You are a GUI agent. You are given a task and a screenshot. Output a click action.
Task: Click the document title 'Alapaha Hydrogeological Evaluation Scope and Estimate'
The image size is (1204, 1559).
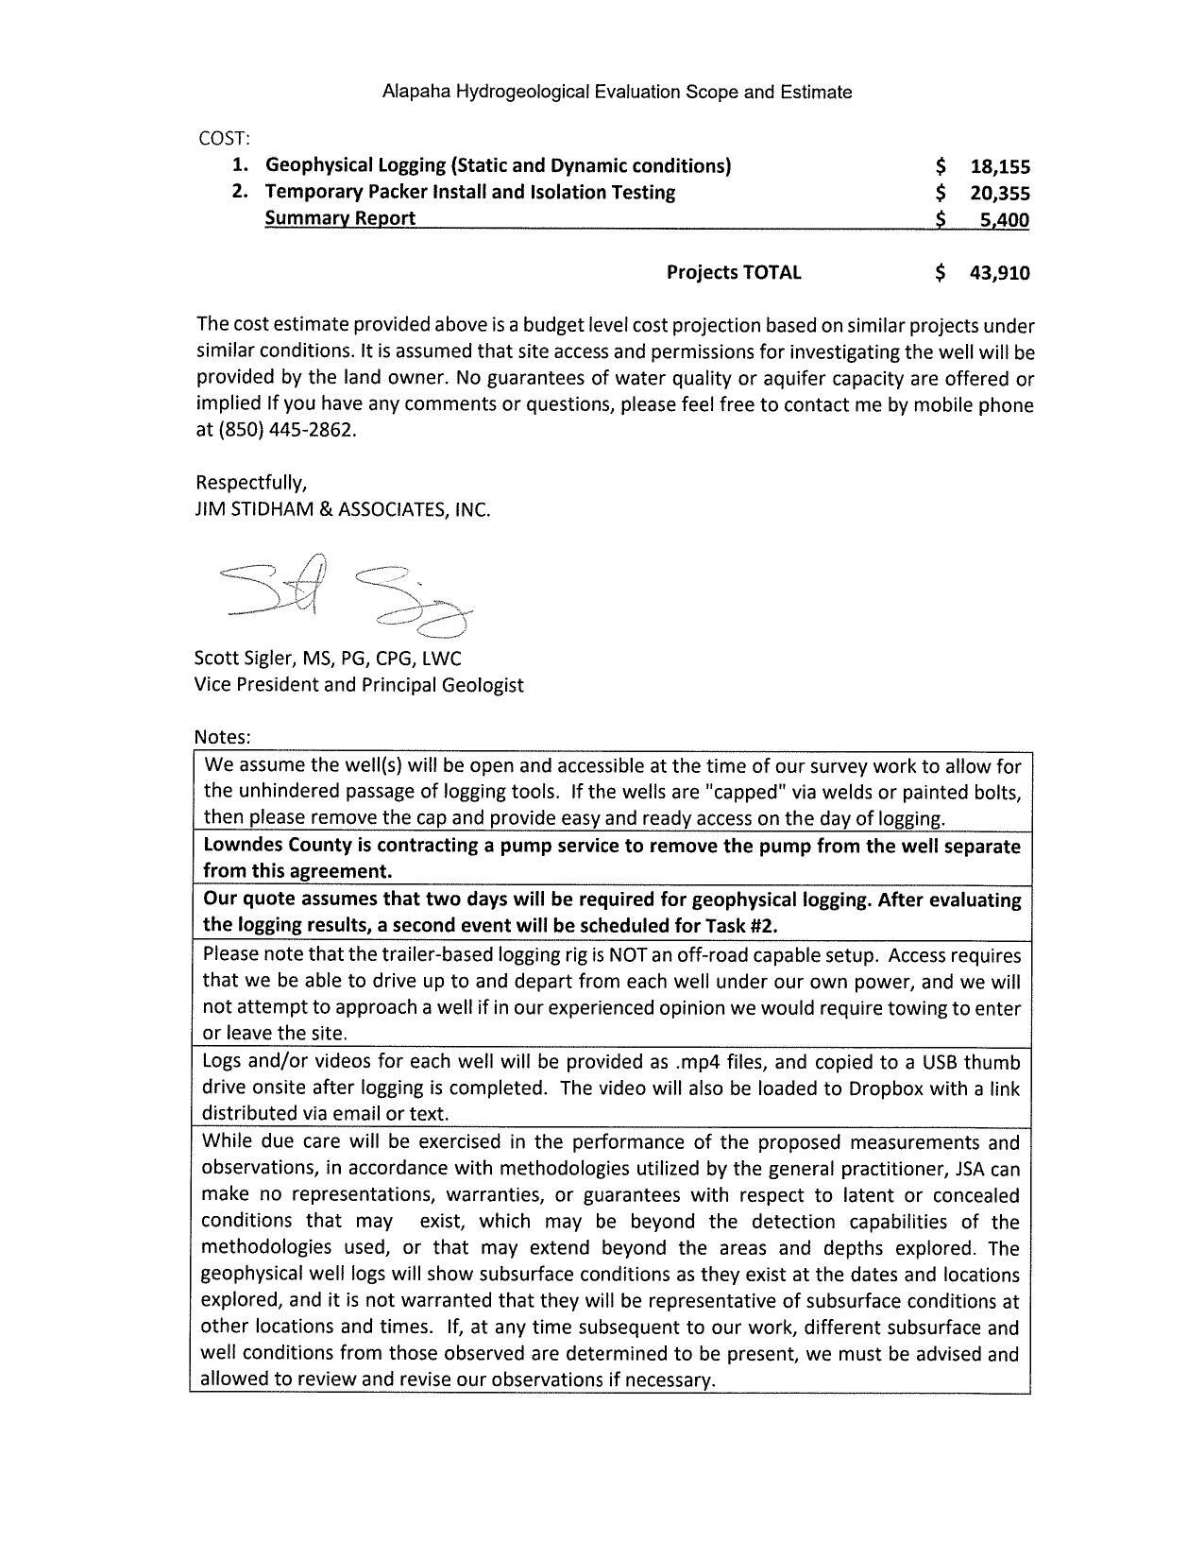[x=617, y=92]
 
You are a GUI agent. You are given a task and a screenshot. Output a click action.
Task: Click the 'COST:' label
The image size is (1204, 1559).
[x=224, y=138]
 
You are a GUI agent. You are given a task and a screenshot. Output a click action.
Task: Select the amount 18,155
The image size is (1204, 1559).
[x=1000, y=167]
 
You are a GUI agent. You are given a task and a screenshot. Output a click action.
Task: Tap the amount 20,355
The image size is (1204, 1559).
[x=1000, y=194]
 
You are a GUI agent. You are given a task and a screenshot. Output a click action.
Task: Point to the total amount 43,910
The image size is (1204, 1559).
[x=1000, y=273]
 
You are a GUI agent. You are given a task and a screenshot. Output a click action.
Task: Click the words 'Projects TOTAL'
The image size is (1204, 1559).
[x=734, y=272]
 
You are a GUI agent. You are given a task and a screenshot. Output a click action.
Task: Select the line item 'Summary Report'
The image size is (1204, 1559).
[x=340, y=218]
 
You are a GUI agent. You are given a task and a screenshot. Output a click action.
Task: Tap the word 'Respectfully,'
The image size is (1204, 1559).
[x=250, y=483]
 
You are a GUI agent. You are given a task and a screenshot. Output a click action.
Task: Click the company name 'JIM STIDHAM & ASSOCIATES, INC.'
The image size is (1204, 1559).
[x=343, y=509]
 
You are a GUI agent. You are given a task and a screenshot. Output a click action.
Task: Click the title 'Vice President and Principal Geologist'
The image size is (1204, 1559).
[x=359, y=684]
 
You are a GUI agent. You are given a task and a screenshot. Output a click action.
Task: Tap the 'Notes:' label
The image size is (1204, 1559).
[x=222, y=736]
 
